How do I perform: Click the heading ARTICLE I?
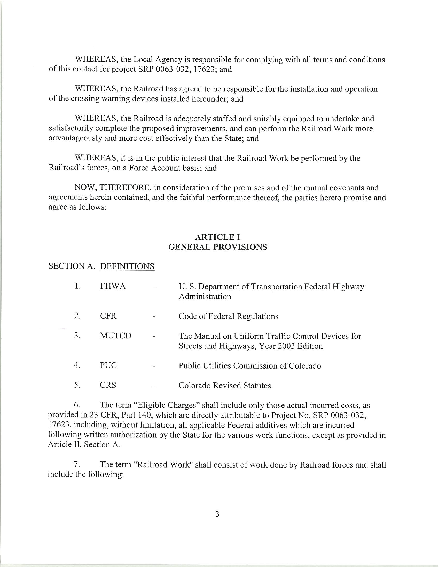coord(217,237)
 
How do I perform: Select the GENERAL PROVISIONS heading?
coord(217,247)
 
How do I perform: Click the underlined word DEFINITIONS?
coord(127,266)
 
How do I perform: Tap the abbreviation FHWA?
coord(113,287)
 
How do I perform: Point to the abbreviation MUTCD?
coord(116,336)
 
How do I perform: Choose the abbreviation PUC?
coord(108,365)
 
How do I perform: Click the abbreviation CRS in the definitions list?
coord(108,385)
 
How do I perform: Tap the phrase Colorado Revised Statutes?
coord(225,386)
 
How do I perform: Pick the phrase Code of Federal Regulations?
coord(228,316)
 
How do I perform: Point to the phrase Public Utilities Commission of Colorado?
coord(250,366)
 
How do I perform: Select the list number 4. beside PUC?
coord(77,365)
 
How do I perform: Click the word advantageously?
coord(75,138)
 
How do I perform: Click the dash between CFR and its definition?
coord(154,317)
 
